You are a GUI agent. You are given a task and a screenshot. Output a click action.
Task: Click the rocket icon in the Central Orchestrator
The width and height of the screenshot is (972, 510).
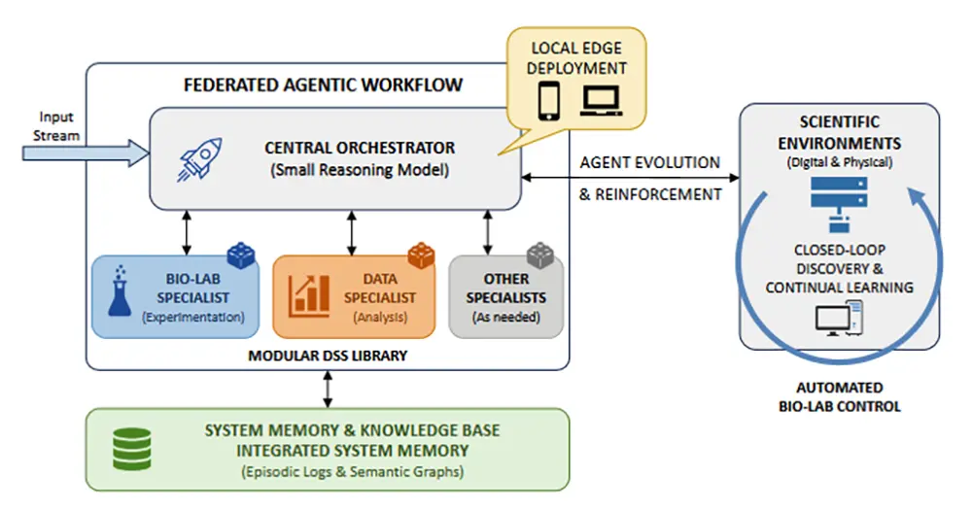tap(200, 162)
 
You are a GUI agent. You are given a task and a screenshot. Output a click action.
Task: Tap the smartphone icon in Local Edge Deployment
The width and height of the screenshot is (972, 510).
tap(549, 98)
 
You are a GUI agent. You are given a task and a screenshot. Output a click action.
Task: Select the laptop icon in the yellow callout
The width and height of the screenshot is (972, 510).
tap(601, 99)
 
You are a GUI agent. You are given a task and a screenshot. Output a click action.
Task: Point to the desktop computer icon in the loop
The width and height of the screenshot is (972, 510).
tap(839, 320)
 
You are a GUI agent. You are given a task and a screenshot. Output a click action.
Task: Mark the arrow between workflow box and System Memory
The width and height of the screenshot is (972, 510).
tap(327, 389)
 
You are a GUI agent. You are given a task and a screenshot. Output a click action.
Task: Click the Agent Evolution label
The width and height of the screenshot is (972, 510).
tap(649, 162)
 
